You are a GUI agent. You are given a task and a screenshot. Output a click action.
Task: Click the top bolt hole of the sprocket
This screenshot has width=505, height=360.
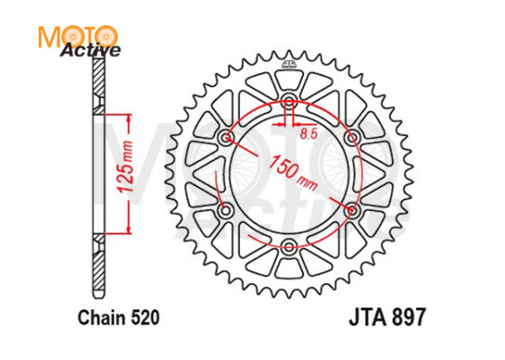pos(289,103)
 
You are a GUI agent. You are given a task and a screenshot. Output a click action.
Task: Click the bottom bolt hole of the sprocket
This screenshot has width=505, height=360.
pos(289,245)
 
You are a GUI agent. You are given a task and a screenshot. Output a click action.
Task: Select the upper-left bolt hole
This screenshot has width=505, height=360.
pos(225,138)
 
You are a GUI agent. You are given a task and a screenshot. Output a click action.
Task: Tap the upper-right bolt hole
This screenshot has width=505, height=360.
pos(352,138)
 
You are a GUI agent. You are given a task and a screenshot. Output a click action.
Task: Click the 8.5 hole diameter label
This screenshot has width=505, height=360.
pos(309,132)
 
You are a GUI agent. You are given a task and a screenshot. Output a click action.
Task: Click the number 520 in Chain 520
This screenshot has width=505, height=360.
pos(141,319)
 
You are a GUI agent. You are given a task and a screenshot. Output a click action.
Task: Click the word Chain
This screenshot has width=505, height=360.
pos(98,319)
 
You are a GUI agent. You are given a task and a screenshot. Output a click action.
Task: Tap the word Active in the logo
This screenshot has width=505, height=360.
pos(90,50)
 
